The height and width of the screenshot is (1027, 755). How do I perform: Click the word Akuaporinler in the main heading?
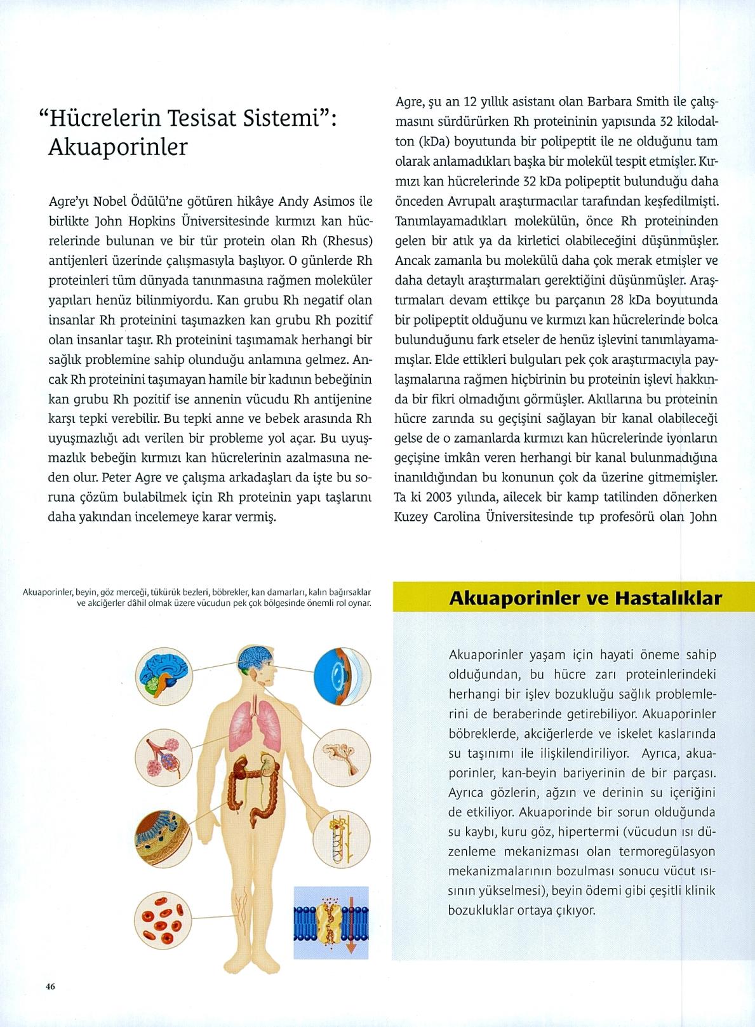click(x=118, y=147)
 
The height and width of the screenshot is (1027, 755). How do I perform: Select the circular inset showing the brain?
click(x=163, y=676)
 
